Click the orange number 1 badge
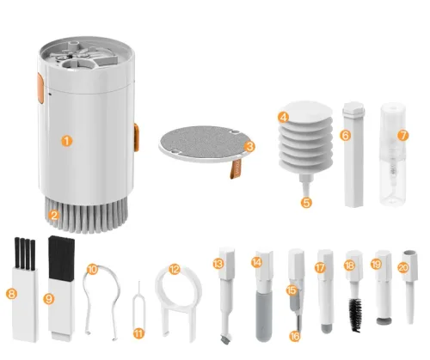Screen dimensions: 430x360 click(67, 141)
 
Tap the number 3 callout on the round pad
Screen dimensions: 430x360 click(250, 147)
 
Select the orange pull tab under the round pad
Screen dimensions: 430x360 click(236, 168)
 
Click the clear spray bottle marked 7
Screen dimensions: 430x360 click(392, 155)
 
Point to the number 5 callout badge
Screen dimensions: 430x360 click(306, 203)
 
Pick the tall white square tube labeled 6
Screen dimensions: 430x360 click(354, 154)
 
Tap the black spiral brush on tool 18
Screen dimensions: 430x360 click(356, 315)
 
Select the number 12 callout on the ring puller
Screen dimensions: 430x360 click(175, 269)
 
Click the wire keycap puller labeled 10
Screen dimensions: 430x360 click(101, 301)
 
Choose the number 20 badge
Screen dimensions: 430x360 click(403, 267)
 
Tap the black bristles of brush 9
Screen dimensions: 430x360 click(62, 257)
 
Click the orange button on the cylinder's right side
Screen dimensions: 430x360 click(137, 137)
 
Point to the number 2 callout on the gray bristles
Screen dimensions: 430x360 click(53, 215)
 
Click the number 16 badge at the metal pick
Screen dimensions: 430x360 click(294, 336)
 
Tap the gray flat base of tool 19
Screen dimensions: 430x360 click(384, 320)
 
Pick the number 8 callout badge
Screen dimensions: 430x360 click(11, 294)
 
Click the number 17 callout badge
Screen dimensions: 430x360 click(320, 268)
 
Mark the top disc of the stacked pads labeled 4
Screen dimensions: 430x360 click(306, 111)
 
